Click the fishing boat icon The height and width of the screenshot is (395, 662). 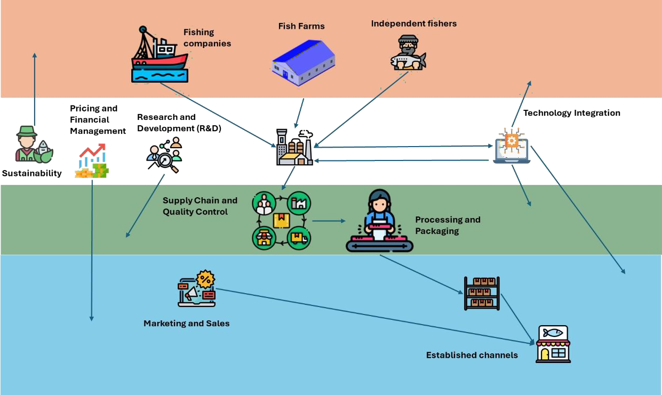click(159, 56)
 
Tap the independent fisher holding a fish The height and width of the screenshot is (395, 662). click(408, 53)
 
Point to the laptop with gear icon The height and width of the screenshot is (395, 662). click(511, 146)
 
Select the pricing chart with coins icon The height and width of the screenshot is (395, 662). click(92, 160)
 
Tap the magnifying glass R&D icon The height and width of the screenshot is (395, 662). click(164, 155)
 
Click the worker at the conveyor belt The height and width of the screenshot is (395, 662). click(379, 221)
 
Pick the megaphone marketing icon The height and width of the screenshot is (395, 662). click(196, 289)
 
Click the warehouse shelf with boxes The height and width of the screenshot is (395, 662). click(482, 294)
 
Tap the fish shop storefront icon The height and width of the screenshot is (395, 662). click(553, 344)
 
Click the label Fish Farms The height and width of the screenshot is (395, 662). click(301, 26)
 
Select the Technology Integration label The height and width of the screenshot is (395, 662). click(571, 113)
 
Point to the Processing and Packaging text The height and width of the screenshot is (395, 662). click(448, 225)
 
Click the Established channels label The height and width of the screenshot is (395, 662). click(472, 355)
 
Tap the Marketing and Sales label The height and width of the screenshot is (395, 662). click(186, 324)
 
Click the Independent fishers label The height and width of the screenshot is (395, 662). click(413, 23)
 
